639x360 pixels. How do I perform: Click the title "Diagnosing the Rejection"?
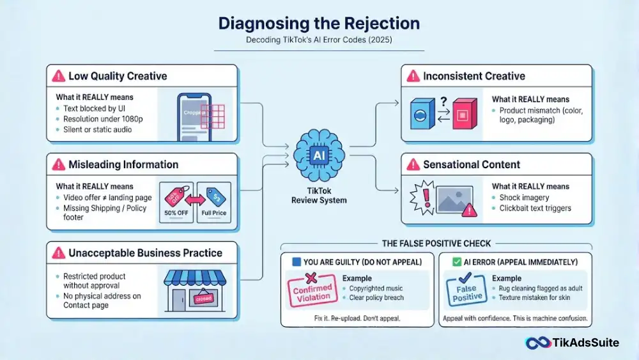pos(319,23)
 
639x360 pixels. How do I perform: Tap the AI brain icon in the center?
pos(319,155)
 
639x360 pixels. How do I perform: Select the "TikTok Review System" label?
pos(319,196)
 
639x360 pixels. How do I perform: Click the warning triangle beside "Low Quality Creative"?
pos(59,76)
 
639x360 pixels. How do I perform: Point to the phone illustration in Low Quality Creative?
pos(194,118)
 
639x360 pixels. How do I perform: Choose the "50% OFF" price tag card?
pos(176,202)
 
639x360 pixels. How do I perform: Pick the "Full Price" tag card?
pos(214,202)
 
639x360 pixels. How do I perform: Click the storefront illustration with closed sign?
pos(195,291)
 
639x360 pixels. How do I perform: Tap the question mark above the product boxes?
pos(443,101)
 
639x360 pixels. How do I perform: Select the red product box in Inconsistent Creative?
pos(465,114)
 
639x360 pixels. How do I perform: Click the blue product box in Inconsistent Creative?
pos(422,114)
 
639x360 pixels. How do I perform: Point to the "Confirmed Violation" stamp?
pos(312,290)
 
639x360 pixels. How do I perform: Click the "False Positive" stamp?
pos(466,290)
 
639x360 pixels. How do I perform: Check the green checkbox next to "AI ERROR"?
pos(457,262)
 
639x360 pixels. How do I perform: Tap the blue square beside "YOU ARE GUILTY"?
pos(296,262)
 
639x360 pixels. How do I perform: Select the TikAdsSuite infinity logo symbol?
pos(538,343)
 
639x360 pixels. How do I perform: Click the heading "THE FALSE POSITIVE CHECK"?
pos(436,244)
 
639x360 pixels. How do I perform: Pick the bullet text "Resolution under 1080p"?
pos(103,119)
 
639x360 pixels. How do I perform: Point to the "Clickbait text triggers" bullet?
pos(535,208)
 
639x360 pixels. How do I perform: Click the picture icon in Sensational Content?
pos(454,200)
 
